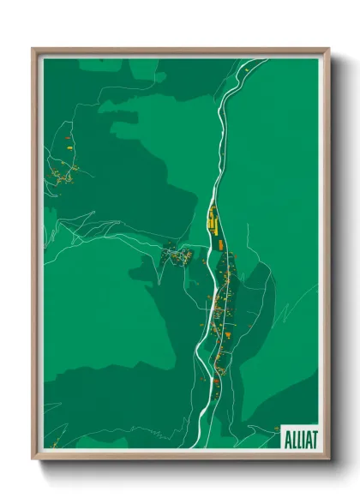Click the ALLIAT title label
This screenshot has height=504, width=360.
click(297, 438)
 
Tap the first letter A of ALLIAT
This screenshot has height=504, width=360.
click(285, 438)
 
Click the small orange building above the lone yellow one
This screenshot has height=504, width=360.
click(65, 137)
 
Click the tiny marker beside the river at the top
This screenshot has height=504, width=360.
click(246, 68)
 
